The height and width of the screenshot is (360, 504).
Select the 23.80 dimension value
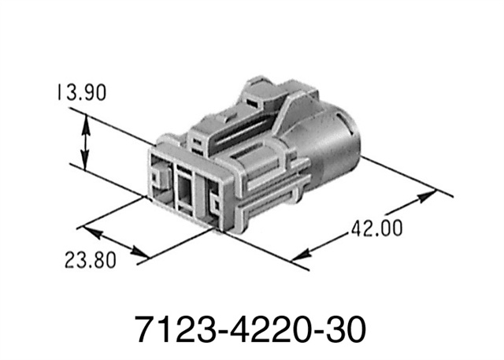click(x=89, y=259)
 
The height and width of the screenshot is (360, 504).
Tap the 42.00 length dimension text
click(x=376, y=229)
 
